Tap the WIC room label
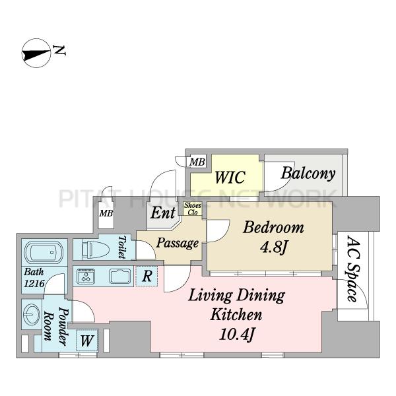(x=230, y=177)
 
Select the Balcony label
(x=308, y=174)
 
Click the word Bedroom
(x=273, y=227)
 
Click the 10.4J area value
(x=236, y=335)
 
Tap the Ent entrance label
(x=163, y=213)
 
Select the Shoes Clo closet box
(x=193, y=209)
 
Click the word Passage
(x=178, y=243)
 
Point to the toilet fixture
(x=96, y=247)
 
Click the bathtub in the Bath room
(x=44, y=252)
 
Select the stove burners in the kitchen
(x=86, y=276)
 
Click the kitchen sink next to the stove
(x=120, y=276)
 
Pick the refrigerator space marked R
(x=147, y=276)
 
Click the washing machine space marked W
(x=87, y=341)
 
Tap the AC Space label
(x=353, y=269)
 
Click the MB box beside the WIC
(x=197, y=162)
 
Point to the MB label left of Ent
(x=106, y=213)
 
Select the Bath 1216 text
(x=34, y=278)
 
